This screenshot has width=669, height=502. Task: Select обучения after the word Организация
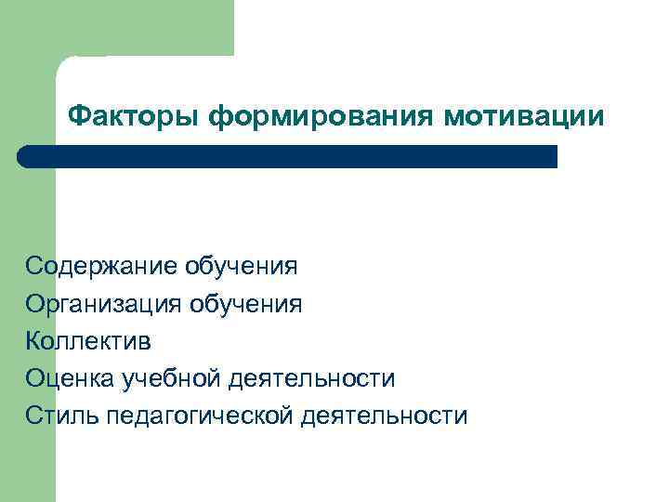click(246, 305)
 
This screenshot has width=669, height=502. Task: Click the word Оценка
click(68, 378)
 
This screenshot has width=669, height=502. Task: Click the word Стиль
click(62, 416)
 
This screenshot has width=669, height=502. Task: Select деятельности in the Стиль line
click(385, 416)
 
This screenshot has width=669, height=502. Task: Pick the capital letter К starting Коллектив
click(33, 341)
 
